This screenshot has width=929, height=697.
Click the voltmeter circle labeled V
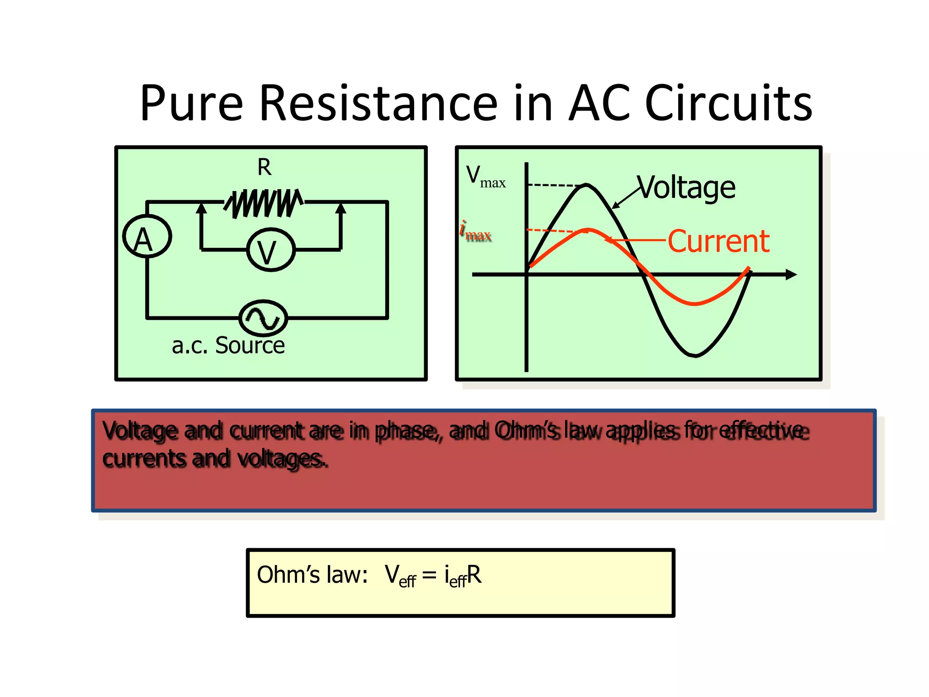click(270, 250)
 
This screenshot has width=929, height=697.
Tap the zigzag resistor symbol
click(264, 203)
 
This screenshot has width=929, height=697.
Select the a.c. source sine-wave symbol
click(263, 318)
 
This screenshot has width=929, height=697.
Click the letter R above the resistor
click(264, 167)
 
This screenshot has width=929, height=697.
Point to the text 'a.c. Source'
click(228, 346)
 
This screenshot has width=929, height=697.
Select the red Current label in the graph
click(719, 241)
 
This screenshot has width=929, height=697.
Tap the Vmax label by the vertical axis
click(485, 177)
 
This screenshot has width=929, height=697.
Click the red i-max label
click(475, 232)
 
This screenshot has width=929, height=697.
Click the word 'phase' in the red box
click(406, 431)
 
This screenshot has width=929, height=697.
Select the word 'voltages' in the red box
click(281, 459)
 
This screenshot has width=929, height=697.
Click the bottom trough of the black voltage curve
click(695, 355)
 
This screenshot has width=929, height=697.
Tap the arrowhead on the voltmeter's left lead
click(201, 208)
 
